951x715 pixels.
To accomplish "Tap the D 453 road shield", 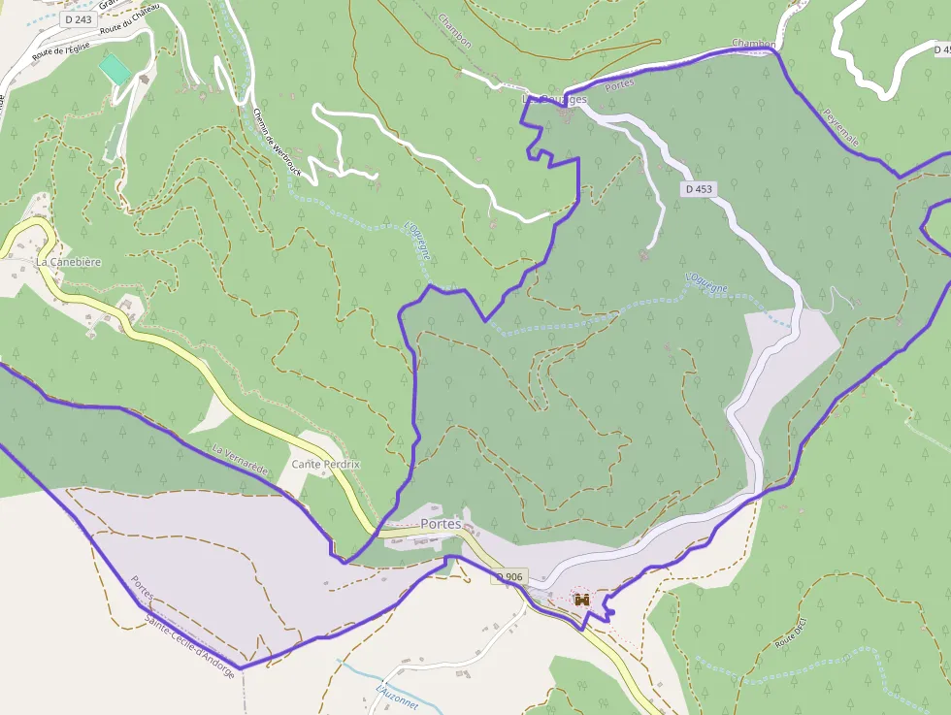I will click(698, 190).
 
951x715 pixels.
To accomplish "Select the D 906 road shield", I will click(508, 577).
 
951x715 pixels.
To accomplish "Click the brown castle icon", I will click(582, 600).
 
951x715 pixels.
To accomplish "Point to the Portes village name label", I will click(441, 524).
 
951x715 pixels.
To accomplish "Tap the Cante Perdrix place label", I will click(325, 465).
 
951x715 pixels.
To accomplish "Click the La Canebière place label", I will click(68, 262).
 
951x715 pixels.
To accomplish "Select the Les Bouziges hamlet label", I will click(554, 100).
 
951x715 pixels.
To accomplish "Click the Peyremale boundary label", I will click(840, 126).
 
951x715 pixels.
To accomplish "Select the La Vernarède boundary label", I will click(240, 461).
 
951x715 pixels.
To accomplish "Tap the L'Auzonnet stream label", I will click(396, 698).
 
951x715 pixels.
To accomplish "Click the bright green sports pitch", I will click(114, 69).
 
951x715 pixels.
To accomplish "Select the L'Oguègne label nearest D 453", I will click(706, 283).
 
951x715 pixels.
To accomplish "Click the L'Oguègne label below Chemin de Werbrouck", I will click(417, 242).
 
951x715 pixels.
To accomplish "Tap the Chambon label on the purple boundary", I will click(753, 45).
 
